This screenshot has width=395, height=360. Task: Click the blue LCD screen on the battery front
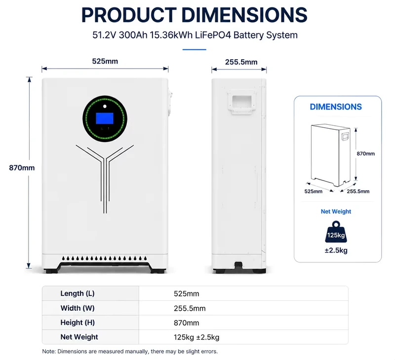[x=105, y=118]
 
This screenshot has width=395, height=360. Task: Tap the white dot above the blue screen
[x=105, y=106]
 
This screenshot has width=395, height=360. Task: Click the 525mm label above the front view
[x=105, y=61]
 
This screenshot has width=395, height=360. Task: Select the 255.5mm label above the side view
[x=241, y=62]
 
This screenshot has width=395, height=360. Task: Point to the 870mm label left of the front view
[x=22, y=168]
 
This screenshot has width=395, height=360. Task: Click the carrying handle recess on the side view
[x=242, y=103]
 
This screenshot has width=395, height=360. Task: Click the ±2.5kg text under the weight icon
[x=336, y=251]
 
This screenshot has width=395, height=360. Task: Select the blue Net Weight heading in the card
[x=336, y=212]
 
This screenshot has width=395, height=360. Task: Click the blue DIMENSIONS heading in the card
[x=336, y=107]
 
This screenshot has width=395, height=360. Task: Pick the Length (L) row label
[x=78, y=293]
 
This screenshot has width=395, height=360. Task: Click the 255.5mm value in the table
[x=190, y=308]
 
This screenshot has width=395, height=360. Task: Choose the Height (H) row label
[x=78, y=323]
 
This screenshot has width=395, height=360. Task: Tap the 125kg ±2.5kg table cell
[x=197, y=337]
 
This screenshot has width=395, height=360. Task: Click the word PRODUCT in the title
[x=129, y=15]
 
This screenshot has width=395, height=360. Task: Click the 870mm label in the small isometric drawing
[x=365, y=153]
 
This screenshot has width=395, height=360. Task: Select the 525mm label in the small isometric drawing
[x=314, y=191]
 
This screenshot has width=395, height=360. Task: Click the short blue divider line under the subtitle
[x=194, y=49]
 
